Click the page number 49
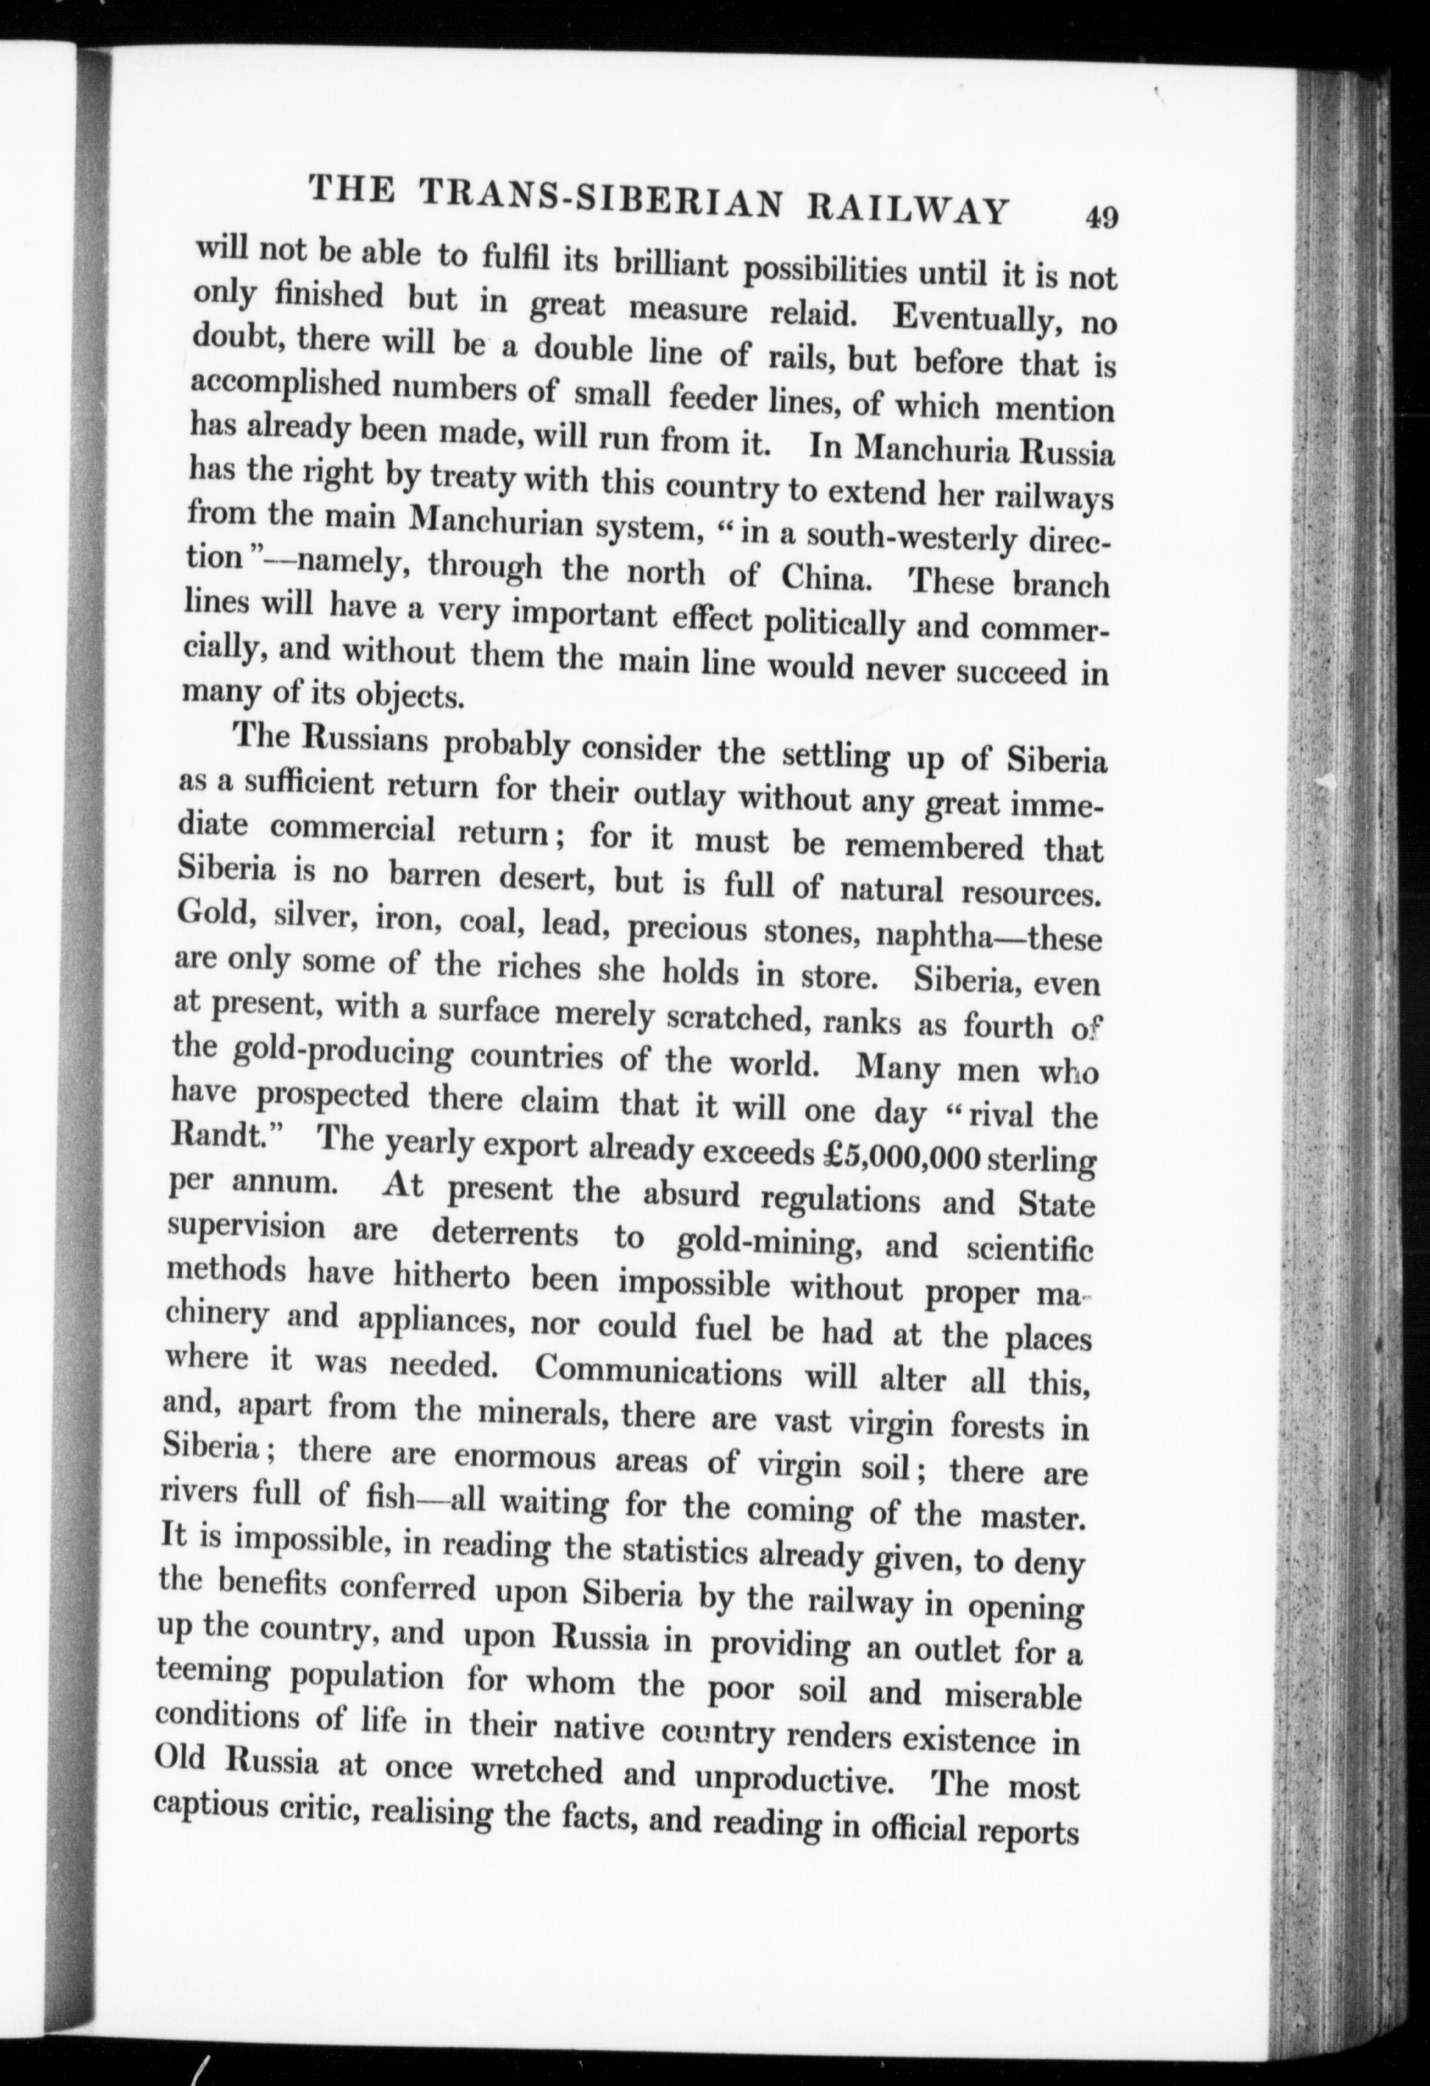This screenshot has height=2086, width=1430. [x=1101, y=218]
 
